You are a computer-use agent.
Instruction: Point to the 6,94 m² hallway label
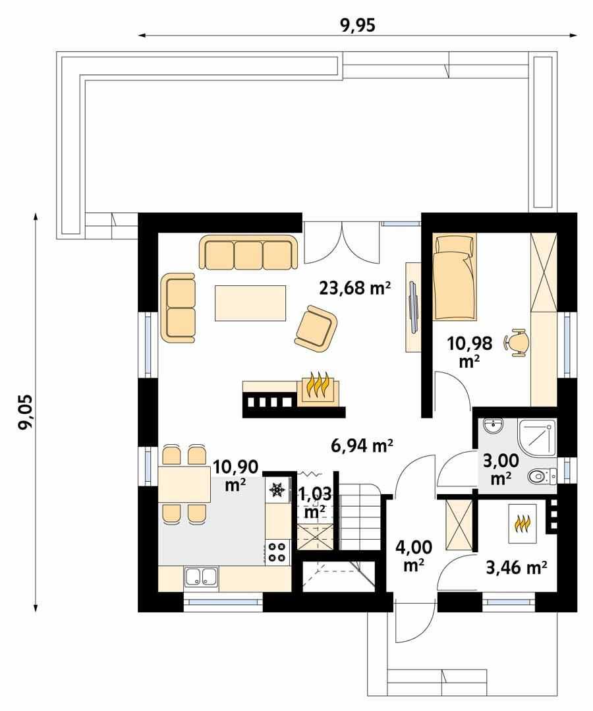point(362,446)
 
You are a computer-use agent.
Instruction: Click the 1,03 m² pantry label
point(313,501)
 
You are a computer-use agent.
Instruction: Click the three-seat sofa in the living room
point(248,252)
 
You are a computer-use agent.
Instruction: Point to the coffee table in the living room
point(250,303)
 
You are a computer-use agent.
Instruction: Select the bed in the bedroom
point(455,277)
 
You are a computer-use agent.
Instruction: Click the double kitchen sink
point(202,577)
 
